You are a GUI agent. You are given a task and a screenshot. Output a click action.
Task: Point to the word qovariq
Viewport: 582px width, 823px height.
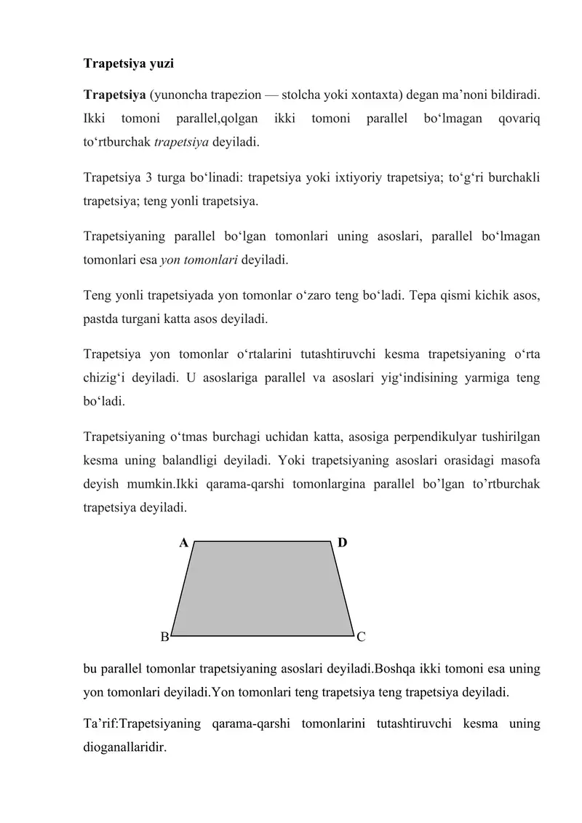[519, 118]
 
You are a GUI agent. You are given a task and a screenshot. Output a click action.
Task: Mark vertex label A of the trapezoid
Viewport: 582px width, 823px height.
[184, 543]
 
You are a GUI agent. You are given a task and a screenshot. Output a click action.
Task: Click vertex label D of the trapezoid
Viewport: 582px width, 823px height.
[343, 543]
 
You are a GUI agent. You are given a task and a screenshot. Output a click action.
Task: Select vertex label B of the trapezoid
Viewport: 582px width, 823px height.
[164, 637]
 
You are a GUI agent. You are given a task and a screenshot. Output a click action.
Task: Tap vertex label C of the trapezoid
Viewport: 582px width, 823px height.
[362, 637]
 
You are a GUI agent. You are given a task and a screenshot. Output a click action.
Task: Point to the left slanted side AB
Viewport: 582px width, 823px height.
[183, 588]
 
